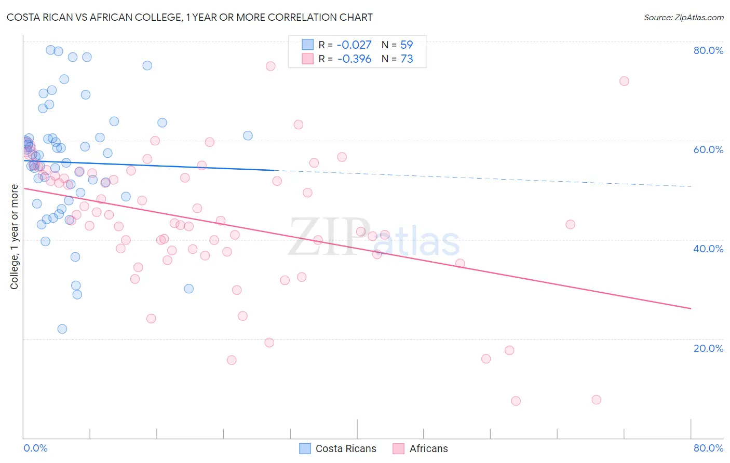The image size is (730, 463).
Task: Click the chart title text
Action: pos(190,18)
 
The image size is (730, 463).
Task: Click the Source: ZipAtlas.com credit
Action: pos(683,18)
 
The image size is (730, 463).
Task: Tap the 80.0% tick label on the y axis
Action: pos(708,50)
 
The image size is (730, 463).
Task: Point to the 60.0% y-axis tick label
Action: pos(708,149)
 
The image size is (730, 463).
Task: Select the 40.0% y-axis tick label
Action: pos(708,249)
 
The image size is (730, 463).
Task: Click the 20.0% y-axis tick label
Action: pos(708,348)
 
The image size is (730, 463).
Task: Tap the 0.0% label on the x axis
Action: pos(35,448)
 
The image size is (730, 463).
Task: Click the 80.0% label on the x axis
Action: pos(708,448)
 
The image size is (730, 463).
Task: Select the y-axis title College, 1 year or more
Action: pos(15,237)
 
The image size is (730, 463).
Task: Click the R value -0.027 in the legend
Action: pos(354,45)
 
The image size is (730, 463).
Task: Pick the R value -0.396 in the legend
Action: pos(354,59)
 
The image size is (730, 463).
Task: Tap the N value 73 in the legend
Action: pos(407,59)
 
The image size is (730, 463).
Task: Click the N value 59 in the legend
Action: pos(407,45)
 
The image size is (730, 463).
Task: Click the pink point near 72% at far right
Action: pos(624,81)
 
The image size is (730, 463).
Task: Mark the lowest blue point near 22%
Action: pos(62,329)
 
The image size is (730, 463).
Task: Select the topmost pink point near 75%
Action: pos(271,66)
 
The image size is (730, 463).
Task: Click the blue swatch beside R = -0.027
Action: pos(307,45)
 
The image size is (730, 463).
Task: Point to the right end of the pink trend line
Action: pos(691,308)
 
